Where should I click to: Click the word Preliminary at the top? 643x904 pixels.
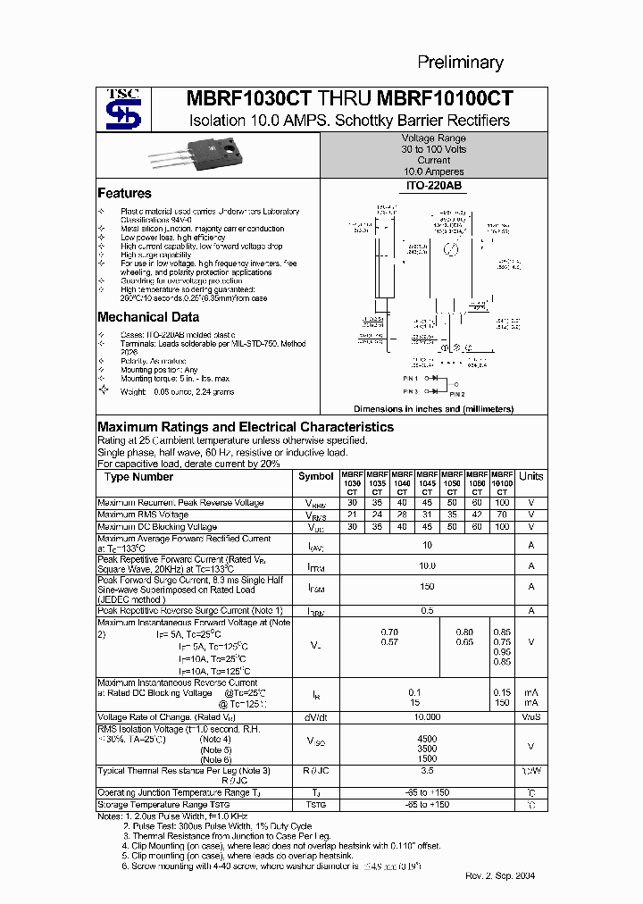click(461, 63)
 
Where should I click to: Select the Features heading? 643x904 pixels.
click(124, 193)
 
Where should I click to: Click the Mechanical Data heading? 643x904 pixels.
click(147, 317)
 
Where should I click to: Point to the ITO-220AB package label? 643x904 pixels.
click(433, 186)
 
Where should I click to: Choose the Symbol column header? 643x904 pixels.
click(315, 476)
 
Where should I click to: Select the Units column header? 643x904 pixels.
click(530, 476)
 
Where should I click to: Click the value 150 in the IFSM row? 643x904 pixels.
click(427, 587)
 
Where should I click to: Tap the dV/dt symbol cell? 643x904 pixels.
click(316, 717)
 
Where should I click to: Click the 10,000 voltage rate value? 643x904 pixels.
click(427, 717)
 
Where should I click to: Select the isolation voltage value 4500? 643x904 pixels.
click(427, 739)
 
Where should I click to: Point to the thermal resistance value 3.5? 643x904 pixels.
click(427, 770)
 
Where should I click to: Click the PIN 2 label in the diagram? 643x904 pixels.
click(457, 394)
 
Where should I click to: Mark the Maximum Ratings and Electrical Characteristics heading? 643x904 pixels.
click(246, 427)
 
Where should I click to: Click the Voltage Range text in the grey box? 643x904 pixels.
click(434, 138)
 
